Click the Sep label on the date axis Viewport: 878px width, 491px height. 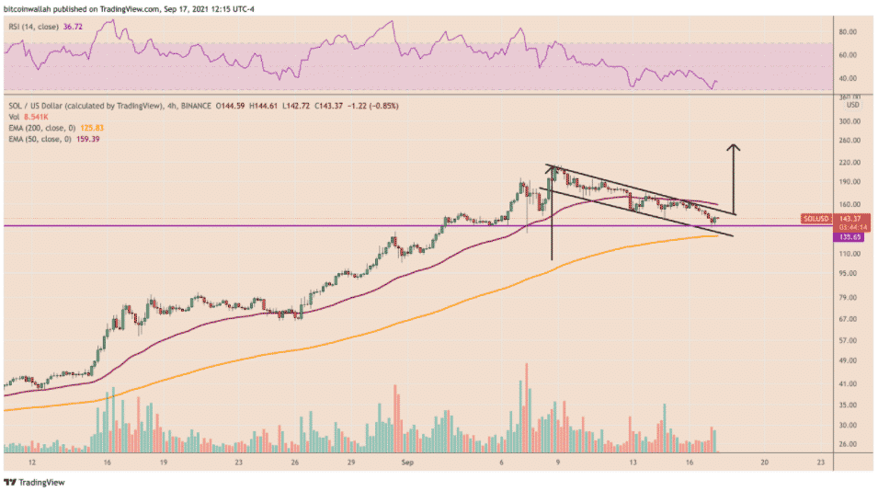coord(408,464)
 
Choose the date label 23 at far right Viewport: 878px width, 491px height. coord(821,464)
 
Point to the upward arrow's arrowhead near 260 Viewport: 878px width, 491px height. coord(734,147)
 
